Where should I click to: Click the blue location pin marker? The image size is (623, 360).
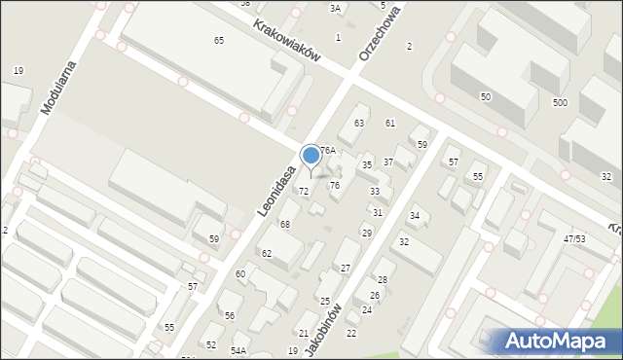(x=311, y=157)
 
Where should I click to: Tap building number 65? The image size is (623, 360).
(x=219, y=40)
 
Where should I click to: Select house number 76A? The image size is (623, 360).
(x=328, y=151)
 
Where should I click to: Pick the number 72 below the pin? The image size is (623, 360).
(x=304, y=192)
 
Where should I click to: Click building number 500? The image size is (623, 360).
(x=560, y=102)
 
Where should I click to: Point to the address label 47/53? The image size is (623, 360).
(x=574, y=238)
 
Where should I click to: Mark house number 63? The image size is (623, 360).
(x=359, y=123)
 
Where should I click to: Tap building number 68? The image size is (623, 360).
(x=285, y=225)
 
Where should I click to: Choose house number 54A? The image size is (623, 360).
(x=238, y=350)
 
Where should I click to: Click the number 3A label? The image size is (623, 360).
(x=335, y=8)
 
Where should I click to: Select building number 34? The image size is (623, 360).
(x=414, y=216)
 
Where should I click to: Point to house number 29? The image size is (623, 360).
(x=366, y=233)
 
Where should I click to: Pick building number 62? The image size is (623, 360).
(x=267, y=253)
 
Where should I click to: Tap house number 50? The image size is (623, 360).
(x=485, y=96)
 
